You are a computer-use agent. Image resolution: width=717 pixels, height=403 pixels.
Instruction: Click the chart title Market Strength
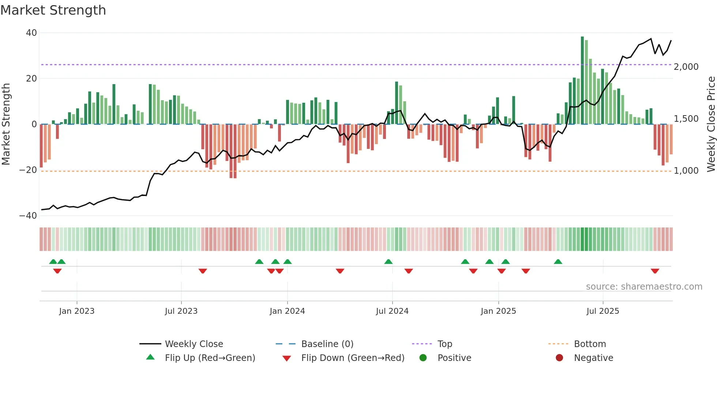(x=53, y=10)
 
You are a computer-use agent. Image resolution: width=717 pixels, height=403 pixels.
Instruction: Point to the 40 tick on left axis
(x=31, y=33)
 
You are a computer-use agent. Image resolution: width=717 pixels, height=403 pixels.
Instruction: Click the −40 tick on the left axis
(x=29, y=216)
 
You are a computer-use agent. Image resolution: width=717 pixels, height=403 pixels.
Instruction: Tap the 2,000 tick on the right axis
(x=686, y=67)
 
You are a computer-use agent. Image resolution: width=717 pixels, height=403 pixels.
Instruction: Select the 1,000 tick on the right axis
(x=686, y=171)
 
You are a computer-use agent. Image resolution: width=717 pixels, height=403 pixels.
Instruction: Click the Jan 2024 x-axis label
(x=287, y=311)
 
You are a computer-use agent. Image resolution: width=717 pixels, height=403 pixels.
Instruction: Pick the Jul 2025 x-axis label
(x=602, y=311)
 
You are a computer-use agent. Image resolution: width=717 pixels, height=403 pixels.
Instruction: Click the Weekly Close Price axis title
(x=711, y=124)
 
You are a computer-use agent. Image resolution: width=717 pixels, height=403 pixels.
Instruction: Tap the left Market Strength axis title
(x=6, y=124)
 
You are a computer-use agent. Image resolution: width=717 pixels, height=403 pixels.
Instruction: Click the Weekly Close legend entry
(x=194, y=344)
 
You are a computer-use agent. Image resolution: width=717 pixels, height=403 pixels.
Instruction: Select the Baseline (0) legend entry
(x=327, y=344)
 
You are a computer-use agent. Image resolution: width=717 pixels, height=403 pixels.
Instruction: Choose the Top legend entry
(x=445, y=344)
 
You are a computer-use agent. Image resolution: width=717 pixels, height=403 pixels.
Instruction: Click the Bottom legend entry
(x=590, y=344)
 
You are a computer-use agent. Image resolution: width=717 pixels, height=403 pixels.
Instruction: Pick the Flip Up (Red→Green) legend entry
(x=210, y=358)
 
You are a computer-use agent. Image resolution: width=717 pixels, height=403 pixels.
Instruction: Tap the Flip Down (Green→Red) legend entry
(x=353, y=358)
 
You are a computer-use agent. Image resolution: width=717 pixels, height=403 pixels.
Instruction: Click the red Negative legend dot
(x=559, y=358)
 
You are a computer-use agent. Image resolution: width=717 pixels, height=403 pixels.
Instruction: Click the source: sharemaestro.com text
(x=644, y=287)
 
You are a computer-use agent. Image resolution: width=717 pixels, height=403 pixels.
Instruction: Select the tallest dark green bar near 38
(x=582, y=80)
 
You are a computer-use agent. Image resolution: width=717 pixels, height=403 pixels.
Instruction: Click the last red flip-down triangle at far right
(x=655, y=271)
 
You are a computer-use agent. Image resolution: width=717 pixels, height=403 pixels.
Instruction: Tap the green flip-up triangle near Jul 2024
(x=388, y=262)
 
